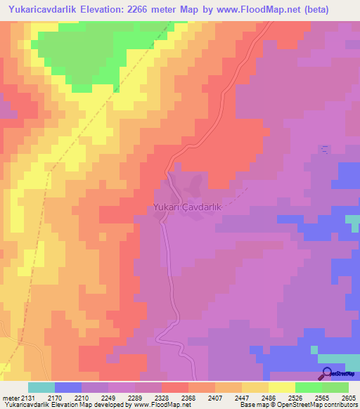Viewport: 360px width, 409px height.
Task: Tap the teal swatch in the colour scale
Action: click(41, 387)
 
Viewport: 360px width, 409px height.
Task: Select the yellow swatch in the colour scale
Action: click(282, 387)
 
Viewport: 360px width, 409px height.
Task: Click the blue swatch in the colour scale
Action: click(68, 387)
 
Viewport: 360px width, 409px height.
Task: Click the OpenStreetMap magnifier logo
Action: click(327, 373)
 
